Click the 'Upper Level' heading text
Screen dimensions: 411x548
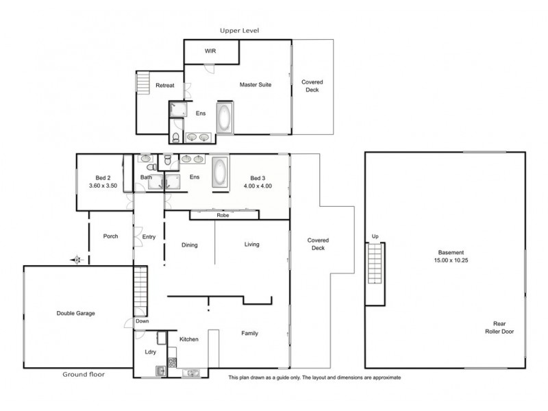pos(239,31)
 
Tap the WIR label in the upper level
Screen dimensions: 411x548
pos(212,51)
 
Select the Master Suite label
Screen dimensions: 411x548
pos(256,85)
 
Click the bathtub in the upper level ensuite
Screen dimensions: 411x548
pos(225,118)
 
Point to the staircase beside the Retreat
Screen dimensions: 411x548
pos(143,84)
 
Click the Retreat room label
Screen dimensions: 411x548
pos(165,86)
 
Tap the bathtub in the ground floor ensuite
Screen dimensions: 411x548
pos(221,173)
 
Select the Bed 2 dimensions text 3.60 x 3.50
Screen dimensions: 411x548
pos(103,186)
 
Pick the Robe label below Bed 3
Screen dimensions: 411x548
pos(223,215)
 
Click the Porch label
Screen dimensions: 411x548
pos(110,236)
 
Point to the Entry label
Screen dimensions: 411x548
pos(149,237)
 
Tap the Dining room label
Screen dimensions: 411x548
pos(189,245)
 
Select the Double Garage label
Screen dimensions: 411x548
pos(75,313)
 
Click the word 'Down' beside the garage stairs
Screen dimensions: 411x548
pos(142,321)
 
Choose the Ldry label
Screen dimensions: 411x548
pos(150,353)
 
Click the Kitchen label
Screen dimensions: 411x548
pos(188,339)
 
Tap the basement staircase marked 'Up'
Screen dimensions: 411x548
pos(374,266)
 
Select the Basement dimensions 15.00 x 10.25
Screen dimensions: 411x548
pos(450,260)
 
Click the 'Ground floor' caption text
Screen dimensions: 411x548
pos(84,375)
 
